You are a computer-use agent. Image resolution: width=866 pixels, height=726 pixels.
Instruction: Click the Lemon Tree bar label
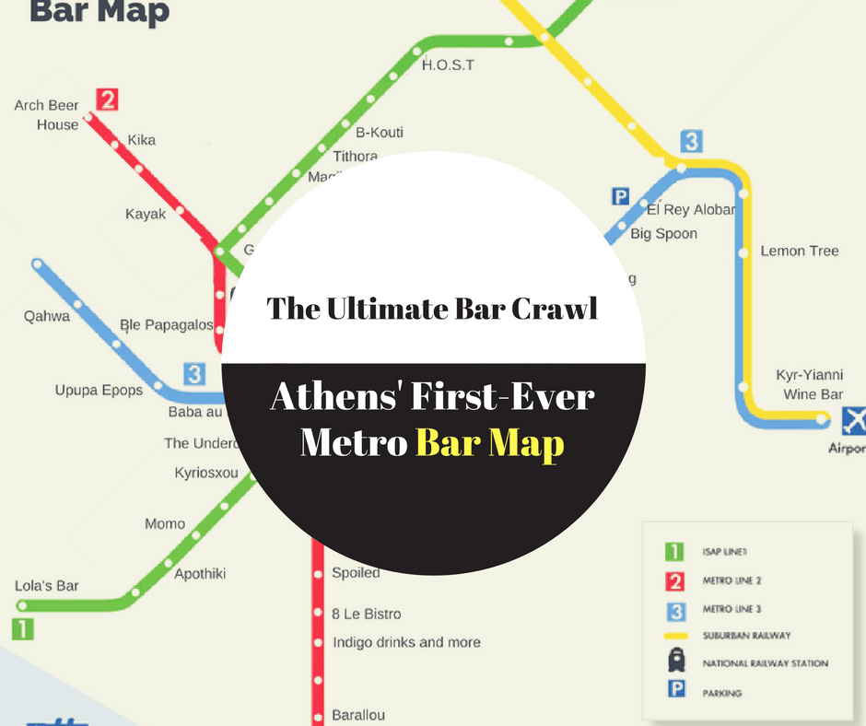799,251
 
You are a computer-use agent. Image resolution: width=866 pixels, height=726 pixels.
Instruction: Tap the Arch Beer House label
46,115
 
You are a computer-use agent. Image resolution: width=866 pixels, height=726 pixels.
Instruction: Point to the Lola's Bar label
47,586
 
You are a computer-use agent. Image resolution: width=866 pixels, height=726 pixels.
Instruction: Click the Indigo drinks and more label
406,642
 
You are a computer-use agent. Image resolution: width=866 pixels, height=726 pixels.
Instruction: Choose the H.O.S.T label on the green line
448,65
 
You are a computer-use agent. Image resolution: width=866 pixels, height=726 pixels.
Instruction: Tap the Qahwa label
47,316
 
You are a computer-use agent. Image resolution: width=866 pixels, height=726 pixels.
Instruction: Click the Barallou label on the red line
358,714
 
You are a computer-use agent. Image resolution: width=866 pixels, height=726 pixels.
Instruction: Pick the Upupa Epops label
99,390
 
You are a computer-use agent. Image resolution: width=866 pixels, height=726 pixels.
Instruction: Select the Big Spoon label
663,234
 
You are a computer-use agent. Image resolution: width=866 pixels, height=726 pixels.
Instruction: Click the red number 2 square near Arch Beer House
107,100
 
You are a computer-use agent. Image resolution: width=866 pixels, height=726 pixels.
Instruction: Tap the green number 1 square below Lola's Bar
22,629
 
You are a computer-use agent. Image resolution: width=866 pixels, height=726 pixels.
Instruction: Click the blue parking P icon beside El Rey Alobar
621,195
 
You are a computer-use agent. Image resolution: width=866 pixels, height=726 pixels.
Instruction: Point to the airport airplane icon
854,421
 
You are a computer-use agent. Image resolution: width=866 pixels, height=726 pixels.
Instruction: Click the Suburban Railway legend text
746,636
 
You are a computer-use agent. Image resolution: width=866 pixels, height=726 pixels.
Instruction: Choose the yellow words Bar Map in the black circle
489,444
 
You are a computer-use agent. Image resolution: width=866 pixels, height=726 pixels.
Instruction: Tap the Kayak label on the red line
146,214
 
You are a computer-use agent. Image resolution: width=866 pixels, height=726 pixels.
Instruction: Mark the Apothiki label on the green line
200,574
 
